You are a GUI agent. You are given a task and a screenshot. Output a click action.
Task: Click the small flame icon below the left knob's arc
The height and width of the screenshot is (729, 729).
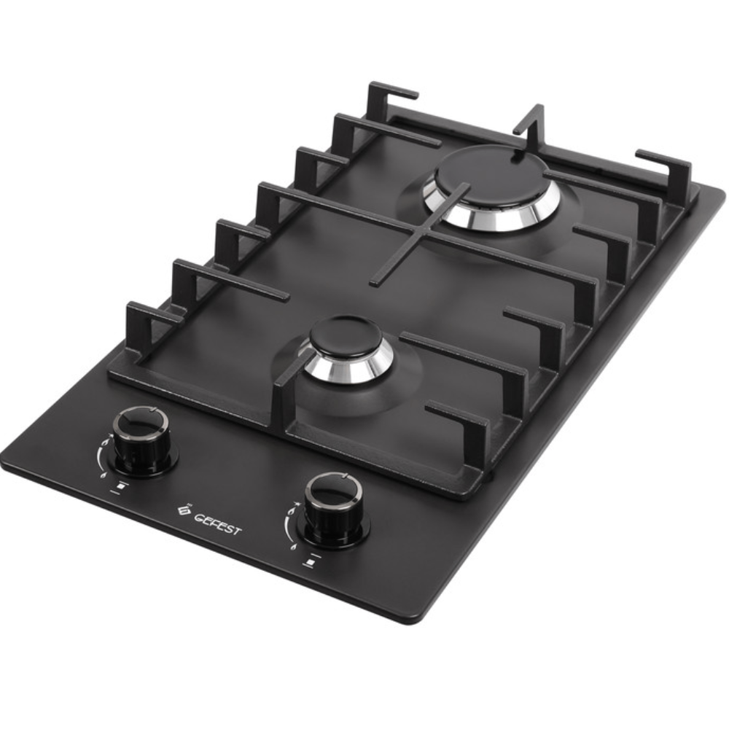coord(103,475)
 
